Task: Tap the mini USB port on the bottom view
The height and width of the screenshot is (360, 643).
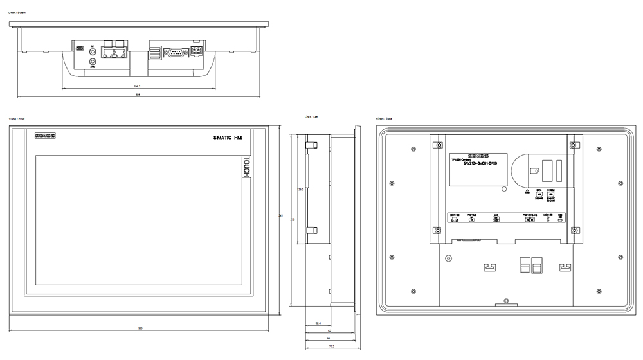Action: (x=79, y=49)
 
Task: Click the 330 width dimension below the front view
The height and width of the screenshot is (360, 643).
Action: (x=141, y=328)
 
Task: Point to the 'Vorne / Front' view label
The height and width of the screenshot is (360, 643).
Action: (x=17, y=119)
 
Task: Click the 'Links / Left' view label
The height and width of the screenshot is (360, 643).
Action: (x=311, y=117)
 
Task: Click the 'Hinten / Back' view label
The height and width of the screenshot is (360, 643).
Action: (x=385, y=119)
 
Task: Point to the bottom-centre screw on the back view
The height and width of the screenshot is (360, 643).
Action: (x=507, y=300)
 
